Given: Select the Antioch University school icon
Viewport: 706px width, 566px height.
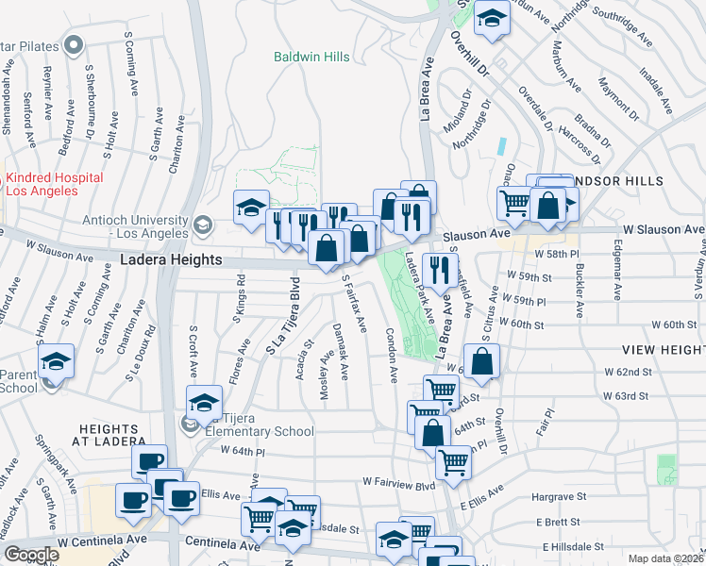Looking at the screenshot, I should (202, 225).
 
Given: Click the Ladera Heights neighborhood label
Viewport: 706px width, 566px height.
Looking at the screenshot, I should (171, 260).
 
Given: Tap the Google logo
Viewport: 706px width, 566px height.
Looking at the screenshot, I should (31, 555).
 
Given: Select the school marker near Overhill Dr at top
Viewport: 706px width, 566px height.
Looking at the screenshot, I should (491, 20).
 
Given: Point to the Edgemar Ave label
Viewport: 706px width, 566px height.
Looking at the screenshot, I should (616, 274).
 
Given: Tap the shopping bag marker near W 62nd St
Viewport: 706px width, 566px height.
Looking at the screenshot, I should (481, 362).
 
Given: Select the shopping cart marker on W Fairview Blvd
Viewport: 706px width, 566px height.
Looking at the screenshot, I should (454, 463).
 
